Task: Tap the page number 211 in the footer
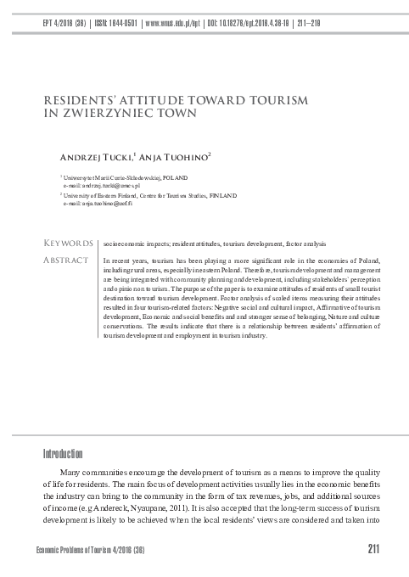coord(373,551)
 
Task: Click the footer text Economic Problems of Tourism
coord(85,552)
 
